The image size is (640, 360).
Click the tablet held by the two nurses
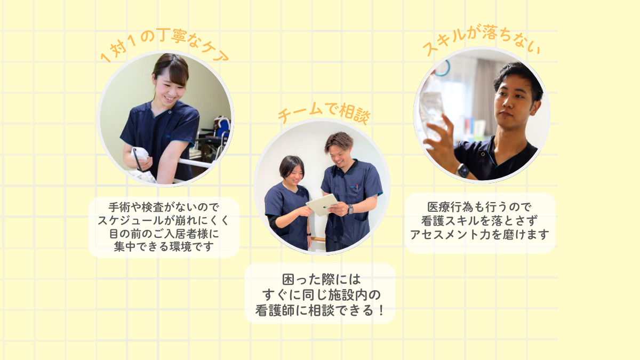[322, 204]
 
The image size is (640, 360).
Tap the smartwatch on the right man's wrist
[463, 170]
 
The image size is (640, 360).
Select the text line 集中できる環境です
[164, 247]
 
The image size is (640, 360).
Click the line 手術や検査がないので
[164, 206]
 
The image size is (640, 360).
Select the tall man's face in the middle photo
[340, 152]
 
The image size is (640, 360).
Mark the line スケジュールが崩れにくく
[164, 220]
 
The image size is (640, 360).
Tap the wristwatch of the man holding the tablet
[350, 209]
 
